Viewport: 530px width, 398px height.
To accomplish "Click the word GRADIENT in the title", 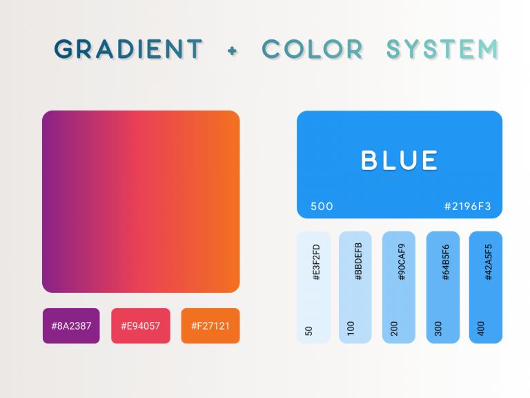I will tap(128, 49).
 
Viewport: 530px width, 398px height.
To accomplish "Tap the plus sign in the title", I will tap(232, 50).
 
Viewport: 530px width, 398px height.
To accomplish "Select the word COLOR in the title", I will tap(313, 49).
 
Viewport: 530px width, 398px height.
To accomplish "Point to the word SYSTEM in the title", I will tap(442, 49).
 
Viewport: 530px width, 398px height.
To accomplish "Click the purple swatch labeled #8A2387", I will tap(71, 325).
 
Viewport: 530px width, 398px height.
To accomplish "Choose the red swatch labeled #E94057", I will tap(140, 325).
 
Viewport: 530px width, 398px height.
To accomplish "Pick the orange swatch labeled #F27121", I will tap(210, 325).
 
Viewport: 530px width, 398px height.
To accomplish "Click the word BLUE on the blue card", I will tap(400, 160).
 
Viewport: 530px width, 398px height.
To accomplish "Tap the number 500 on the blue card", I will tap(322, 206).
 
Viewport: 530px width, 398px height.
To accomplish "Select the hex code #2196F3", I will tap(468, 206).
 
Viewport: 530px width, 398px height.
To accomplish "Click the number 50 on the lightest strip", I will tap(308, 331).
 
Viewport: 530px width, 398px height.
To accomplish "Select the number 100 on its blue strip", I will tap(351, 329).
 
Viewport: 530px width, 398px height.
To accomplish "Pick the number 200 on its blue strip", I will tap(394, 329).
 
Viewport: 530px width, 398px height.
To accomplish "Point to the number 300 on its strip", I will tap(438, 329).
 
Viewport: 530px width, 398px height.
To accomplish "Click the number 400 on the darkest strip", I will tap(480, 329).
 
